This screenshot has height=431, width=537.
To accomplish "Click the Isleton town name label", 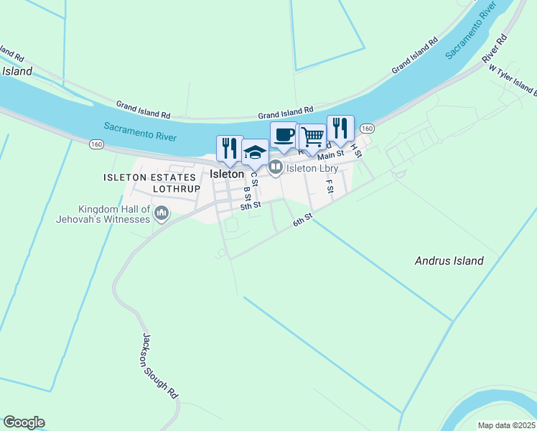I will pyautogui.click(x=227, y=174).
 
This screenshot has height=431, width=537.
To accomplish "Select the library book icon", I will pyautogui.click(x=276, y=168).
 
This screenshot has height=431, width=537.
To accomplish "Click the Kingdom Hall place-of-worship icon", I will pyautogui.click(x=162, y=213).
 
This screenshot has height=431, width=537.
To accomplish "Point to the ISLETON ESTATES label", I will pyautogui.click(x=149, y=177).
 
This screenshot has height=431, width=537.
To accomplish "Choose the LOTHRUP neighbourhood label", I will pyautogui.click(x=174, y=189).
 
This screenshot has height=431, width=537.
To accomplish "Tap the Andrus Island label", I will pyautogui.click(x=449, y=261).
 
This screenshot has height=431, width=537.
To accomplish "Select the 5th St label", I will pyautogui.click(x=251, y=206).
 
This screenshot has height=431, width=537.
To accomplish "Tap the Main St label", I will pyautogui.click(x=331, y=154).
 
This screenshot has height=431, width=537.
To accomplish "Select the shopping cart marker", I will pyautogui.click(x=312, y=136).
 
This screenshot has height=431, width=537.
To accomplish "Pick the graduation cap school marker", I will pyautogui.click(x=255, y=152).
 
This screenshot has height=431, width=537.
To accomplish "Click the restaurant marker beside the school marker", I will pyautogui.click(x=230, y=148).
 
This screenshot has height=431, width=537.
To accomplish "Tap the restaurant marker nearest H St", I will pyautogui.click(x=340, y=129).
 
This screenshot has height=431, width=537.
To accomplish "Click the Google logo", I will pyautogui.click(x=24, y=422).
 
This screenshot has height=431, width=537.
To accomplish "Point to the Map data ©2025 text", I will pyautogui.click(x=506, y=425).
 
